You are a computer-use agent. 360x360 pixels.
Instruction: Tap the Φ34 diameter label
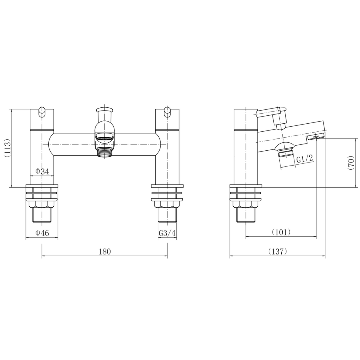click(x=42, y=171)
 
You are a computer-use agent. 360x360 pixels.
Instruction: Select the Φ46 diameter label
click(x=42, y=233)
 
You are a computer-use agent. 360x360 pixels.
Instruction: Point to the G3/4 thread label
click(x=167, y=233)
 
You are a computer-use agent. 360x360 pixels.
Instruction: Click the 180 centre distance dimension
click(x=104, y=252)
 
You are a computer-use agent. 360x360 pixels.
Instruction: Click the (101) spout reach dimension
click(x=281, y=232)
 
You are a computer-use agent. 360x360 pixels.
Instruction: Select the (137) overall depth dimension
click(x=278, y=252)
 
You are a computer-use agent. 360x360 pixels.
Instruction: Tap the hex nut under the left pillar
click(x=42, y=205)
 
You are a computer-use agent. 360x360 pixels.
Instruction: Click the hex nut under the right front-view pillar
click(x=167, y=205)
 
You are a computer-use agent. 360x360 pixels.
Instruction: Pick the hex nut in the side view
click(x=246, y=205)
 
